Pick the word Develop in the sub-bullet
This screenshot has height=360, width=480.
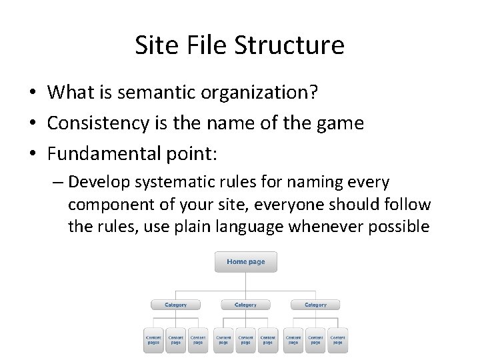coord(95,181)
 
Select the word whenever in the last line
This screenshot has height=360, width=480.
coord(322,225)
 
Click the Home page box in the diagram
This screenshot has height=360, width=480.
coord(245,261)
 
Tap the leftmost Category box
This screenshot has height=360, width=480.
coord(175,305)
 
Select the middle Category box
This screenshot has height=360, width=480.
coord(245,305)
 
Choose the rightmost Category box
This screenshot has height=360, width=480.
coord(315,305)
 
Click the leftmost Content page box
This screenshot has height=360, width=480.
coord(153,339)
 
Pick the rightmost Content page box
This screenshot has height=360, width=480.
coord(337,339)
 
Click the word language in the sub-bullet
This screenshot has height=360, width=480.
coord(252,225)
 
